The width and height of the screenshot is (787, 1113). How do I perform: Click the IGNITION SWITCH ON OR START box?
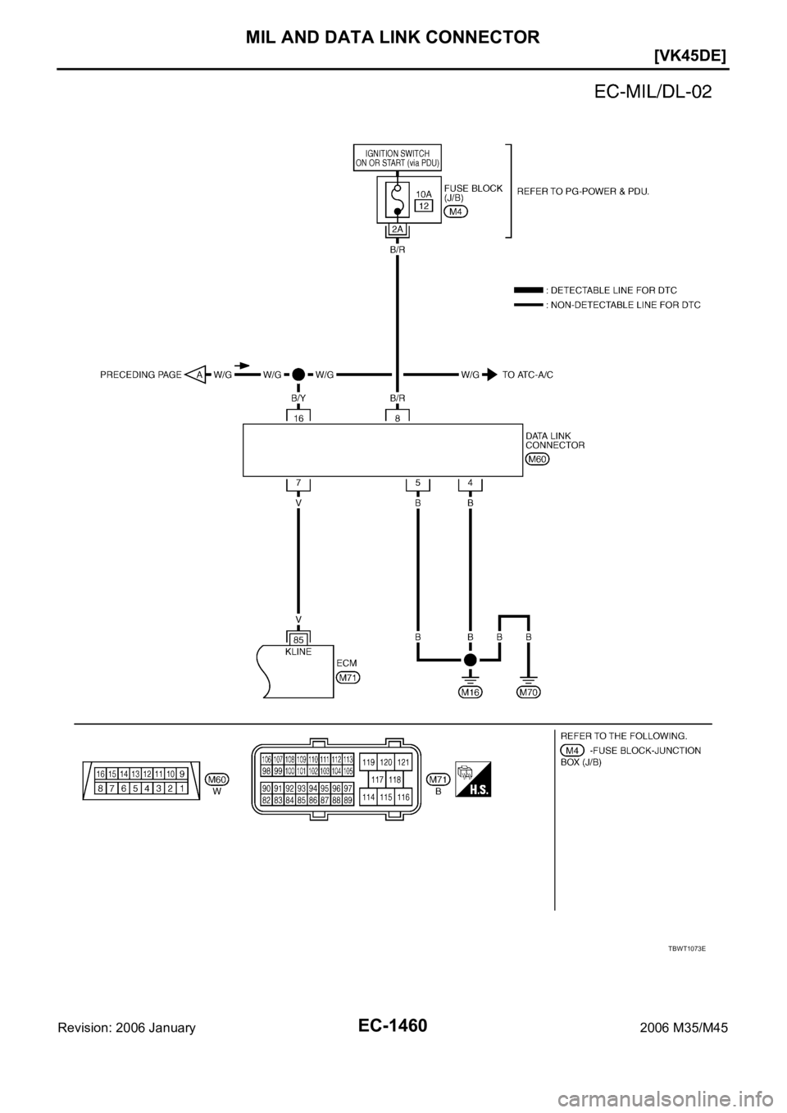(x=398, y=157)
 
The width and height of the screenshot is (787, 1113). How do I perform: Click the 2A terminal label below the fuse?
(x=397, y=229)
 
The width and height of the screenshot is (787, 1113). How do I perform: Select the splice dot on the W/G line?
(x=298, y=375)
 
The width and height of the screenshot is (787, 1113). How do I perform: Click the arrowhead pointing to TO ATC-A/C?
(x=490, y=375)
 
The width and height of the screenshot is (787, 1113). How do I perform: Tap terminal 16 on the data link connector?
(x=298, y=417)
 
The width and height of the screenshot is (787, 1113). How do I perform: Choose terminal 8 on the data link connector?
(x=397, y=417)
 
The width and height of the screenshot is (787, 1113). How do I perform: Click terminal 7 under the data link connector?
(x=298, y=484)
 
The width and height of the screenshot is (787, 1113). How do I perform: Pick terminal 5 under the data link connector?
(x=418, y=484)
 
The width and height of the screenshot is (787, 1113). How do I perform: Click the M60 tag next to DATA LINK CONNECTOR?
(x=537, y=459)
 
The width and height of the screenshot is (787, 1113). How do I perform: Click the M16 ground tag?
(x=470, y=692)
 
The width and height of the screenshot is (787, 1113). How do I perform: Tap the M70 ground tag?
(x=529, y=692)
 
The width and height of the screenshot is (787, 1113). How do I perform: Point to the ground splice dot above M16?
(x=470, y=659)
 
